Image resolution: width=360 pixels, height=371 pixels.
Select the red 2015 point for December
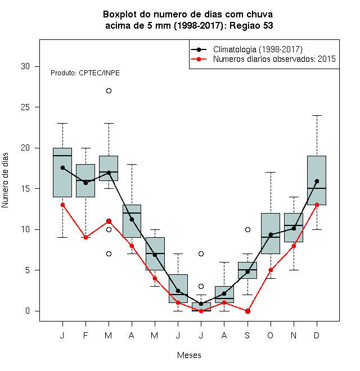[317, 205]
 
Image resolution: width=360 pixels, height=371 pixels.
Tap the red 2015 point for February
[85, 238]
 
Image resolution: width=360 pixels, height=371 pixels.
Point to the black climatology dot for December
[317, 181]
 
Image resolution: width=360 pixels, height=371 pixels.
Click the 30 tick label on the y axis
[25, 66]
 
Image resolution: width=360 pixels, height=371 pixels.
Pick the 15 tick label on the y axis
[25, 189]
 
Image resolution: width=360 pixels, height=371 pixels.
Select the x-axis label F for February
[85, 335]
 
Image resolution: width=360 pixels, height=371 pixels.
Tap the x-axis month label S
[247, 335]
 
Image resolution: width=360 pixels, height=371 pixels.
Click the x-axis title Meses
[189, 355]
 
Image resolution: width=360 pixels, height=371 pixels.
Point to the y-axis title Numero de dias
[5, 180]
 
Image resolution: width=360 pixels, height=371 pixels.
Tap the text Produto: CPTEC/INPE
[85, 73]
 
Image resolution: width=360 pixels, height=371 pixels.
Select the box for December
[317, 180]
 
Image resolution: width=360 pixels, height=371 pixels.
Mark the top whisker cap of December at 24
[317, 115]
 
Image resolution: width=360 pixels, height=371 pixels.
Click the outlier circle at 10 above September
[247, 229]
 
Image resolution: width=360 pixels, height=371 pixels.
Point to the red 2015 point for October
[271, 270]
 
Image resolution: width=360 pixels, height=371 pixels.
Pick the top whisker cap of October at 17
[271, 173]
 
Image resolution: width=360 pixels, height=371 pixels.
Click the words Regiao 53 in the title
[251, 25]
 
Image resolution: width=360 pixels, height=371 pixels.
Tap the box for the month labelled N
[294, 228]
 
